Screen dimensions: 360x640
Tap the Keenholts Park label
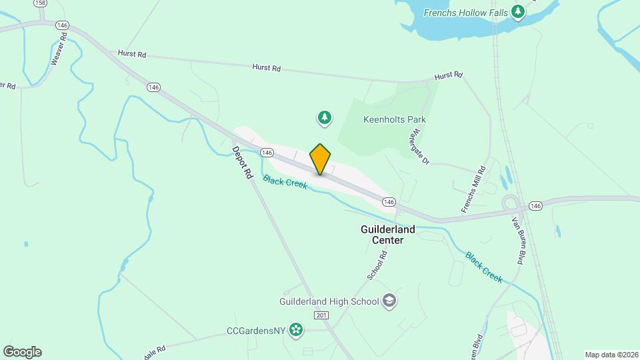pos(394,120)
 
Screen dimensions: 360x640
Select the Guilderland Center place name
pos(387,235)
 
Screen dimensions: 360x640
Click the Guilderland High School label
pos(329,301)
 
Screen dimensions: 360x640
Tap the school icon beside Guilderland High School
pos(389,301)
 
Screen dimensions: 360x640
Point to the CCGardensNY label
pos(256,329)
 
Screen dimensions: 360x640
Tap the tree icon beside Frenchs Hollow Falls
pos(518,12)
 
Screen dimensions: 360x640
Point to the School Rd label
pos(377,265)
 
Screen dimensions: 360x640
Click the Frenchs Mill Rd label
pos(475,191)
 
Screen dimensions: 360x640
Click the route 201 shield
pos(321,315)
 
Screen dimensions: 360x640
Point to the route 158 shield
pos(40,3)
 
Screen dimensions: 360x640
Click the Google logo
pos(22,351)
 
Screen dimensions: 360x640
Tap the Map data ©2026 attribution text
pos(611,355)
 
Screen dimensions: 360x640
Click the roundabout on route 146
pos(512,204)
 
